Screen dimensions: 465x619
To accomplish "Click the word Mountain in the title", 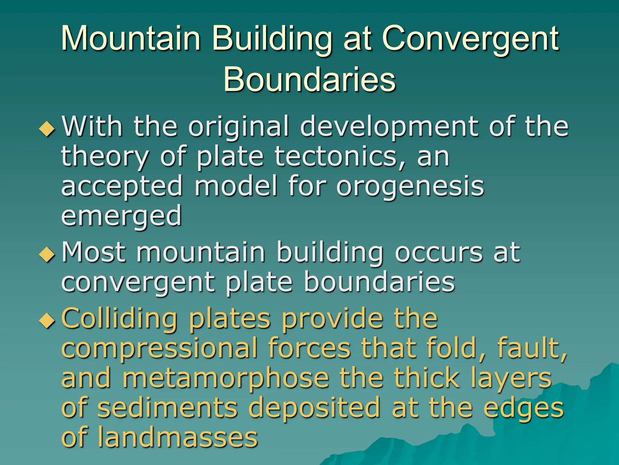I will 131,38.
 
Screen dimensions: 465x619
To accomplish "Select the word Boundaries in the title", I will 309,79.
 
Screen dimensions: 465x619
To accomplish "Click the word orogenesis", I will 410,187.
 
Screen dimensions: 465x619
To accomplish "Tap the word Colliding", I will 119,319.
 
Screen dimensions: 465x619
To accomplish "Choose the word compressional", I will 159,349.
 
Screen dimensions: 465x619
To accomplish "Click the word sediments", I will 168,408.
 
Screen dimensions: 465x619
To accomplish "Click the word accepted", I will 122,187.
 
